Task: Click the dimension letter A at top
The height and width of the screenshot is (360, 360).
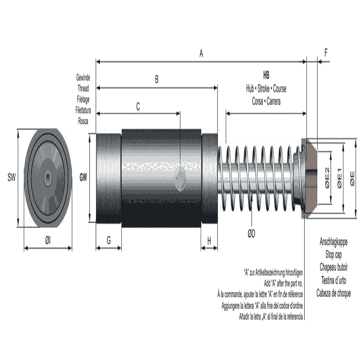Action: [201, 55]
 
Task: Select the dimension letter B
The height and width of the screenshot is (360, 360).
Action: [156, 81]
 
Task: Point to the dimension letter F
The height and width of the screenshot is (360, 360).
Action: [326, 53]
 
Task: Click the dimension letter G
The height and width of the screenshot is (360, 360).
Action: [108, 240]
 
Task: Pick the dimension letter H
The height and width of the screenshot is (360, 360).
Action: [209, 240]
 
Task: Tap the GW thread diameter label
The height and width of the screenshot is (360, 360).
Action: [83, 177]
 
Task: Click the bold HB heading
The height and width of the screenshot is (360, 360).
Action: [266, 75]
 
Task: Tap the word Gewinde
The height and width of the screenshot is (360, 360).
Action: [83, 77]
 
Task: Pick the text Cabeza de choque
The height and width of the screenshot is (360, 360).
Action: [333, 293]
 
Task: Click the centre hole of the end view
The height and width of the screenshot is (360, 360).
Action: [47, 178]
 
